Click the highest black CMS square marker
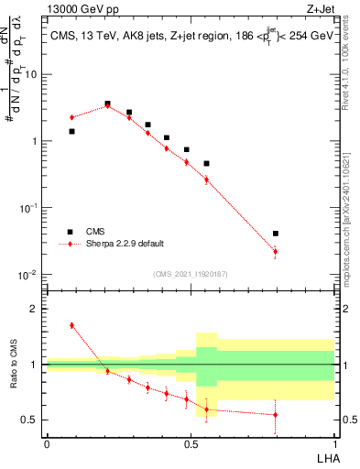(107, 104)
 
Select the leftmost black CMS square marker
(71, 131)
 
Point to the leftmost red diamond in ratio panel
(71, 325)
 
